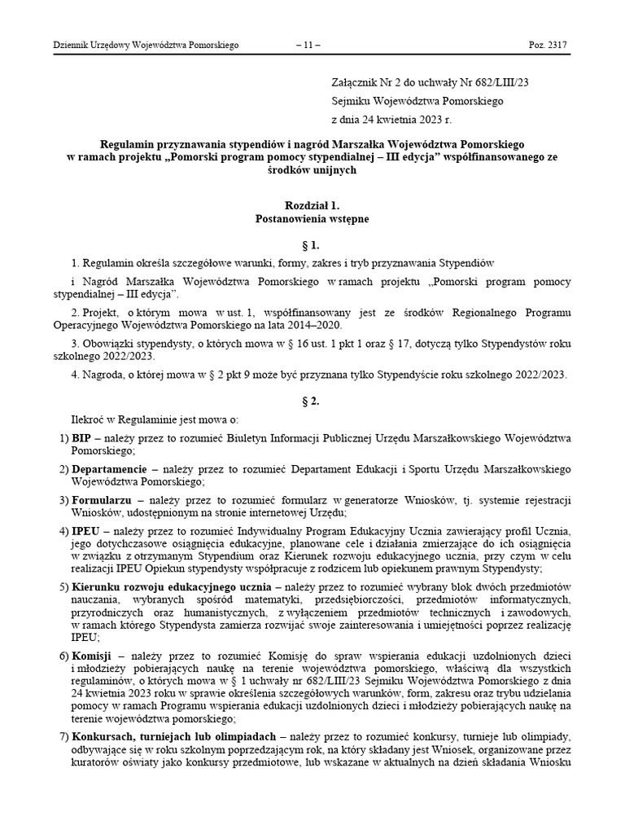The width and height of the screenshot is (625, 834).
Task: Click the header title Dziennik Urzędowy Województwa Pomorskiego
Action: [x=145, y=46]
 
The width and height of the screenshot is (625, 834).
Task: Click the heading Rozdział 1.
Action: [x=312, y=208]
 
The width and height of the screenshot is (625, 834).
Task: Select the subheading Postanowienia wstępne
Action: [x=312, y=220]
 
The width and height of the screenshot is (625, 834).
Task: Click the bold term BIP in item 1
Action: [x=81, y=438]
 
